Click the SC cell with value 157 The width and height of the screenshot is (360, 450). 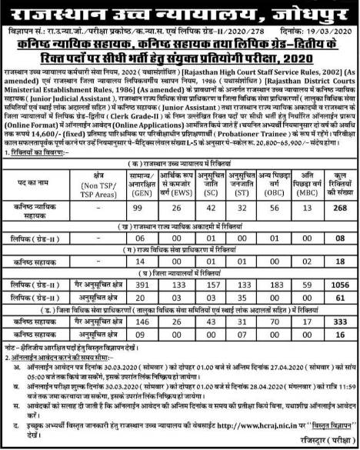(212, 282)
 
